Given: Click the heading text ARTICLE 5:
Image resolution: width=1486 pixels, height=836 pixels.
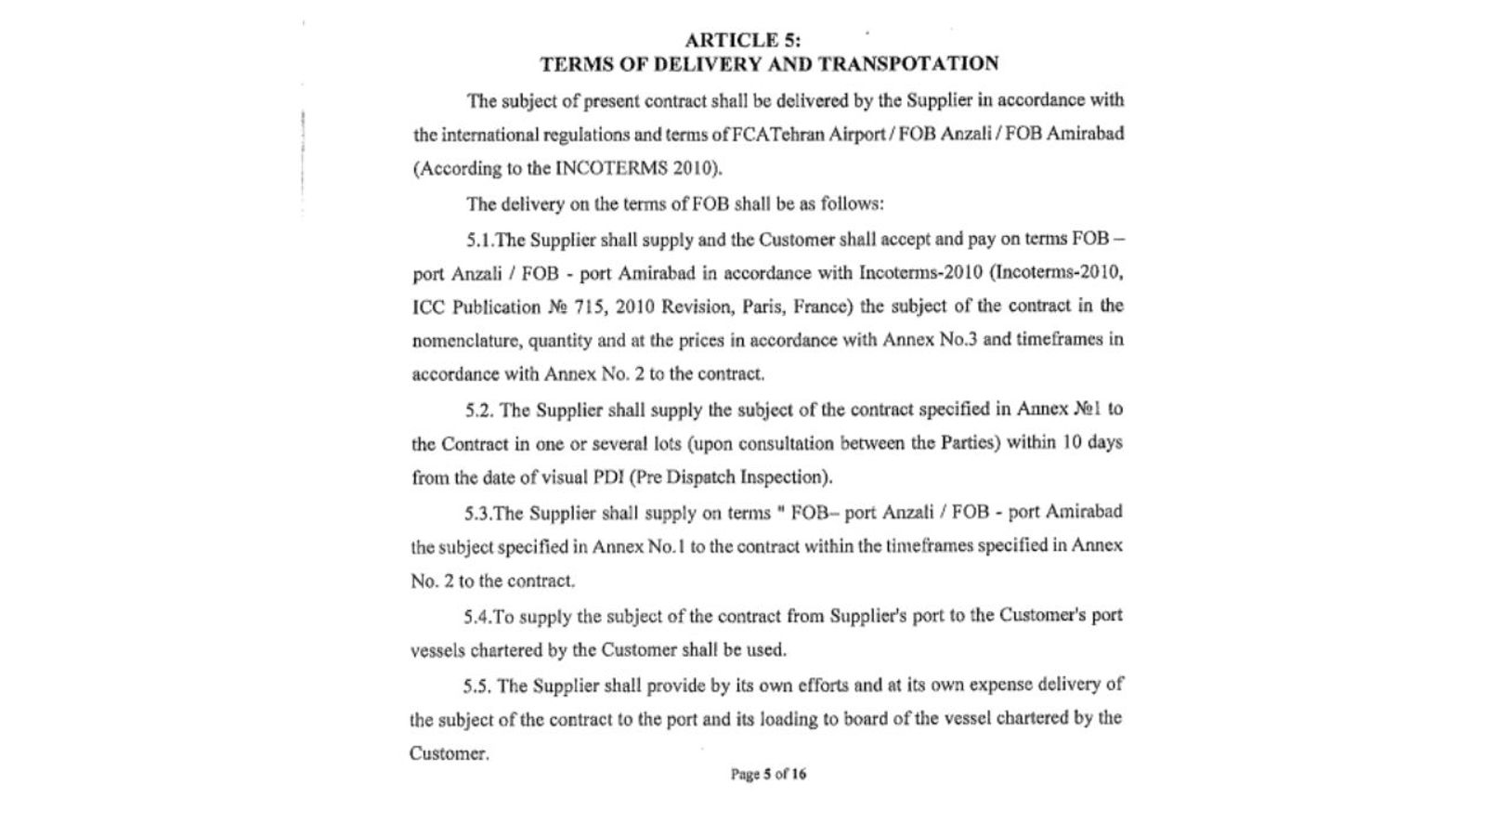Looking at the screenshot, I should pos(743,40).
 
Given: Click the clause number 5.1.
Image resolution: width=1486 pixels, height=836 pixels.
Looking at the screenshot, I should pos(480,240).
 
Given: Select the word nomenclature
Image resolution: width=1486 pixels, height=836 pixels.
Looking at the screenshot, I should pos(466,341).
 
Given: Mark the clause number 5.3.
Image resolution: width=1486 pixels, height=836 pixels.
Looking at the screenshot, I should pos(478,513).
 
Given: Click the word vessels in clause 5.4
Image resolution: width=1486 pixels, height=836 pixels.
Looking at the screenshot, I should pos(437,650).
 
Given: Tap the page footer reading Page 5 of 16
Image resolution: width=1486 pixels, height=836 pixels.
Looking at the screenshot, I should pos(768,774).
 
